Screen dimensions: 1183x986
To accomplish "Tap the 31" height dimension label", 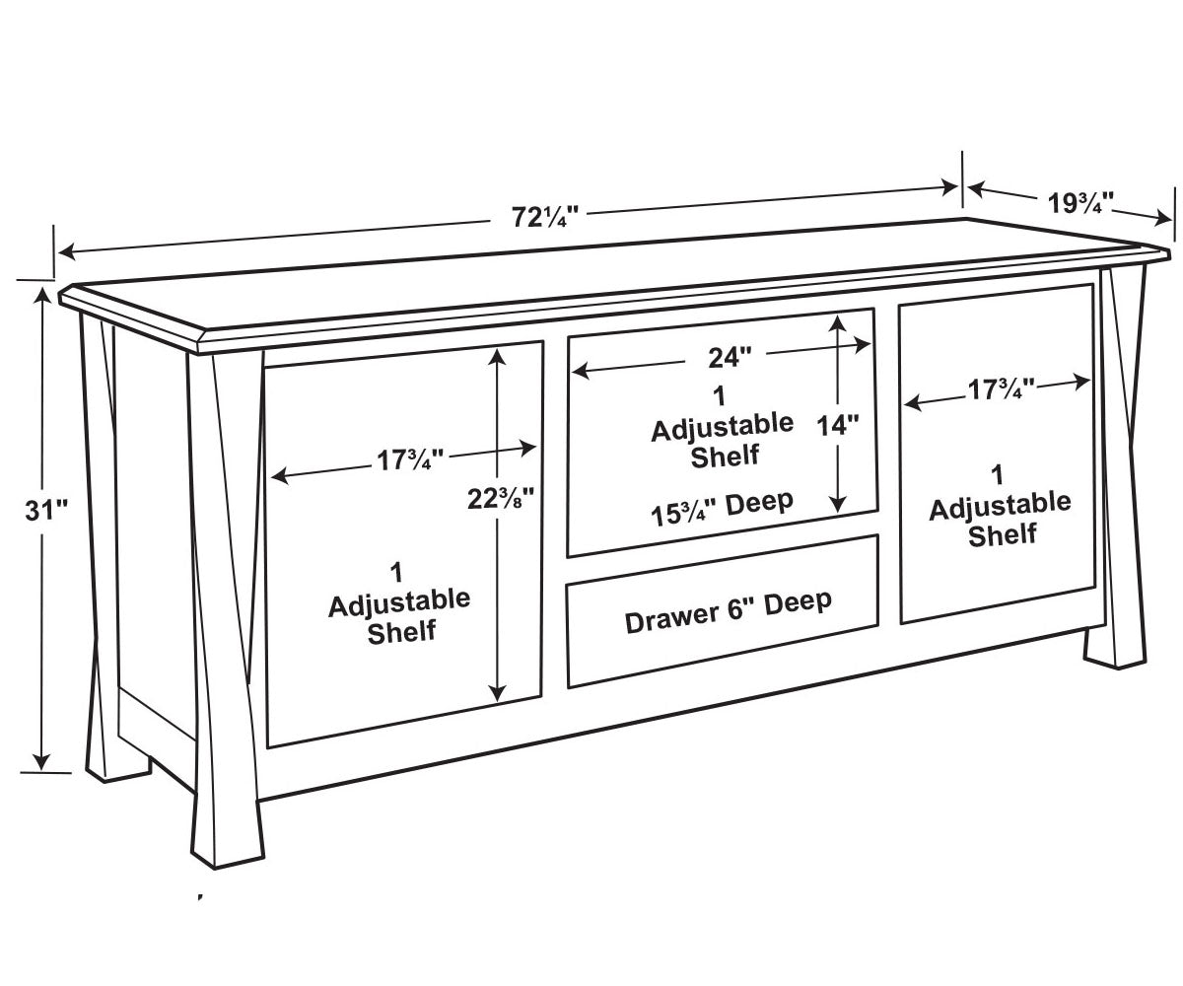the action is click(x=46, y=510).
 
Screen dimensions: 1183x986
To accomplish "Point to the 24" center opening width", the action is click(x=730, y=358).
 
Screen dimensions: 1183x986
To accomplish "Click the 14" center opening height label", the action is click(x=837, y=425).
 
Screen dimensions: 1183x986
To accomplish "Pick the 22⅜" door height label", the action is click(x=501, y=499).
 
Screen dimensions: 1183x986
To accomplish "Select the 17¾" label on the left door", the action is click(x=410, y=460).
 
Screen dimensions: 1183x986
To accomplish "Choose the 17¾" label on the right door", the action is click(x=1002, y=389).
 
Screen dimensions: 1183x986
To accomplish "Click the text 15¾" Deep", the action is click(x=722, y=509).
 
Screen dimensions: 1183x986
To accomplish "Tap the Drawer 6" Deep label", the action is click(x=729, y=612).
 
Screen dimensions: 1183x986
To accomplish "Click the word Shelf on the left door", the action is click(x=401, y=632).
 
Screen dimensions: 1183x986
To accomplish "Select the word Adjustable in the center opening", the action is click(x=723, y=427).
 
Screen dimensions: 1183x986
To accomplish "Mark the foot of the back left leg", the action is click(x=119, y=766).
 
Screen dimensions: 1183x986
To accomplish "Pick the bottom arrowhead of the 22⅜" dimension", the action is click(x=498, y=692).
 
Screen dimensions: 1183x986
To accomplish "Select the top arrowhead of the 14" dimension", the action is click(x=837, y=323).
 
